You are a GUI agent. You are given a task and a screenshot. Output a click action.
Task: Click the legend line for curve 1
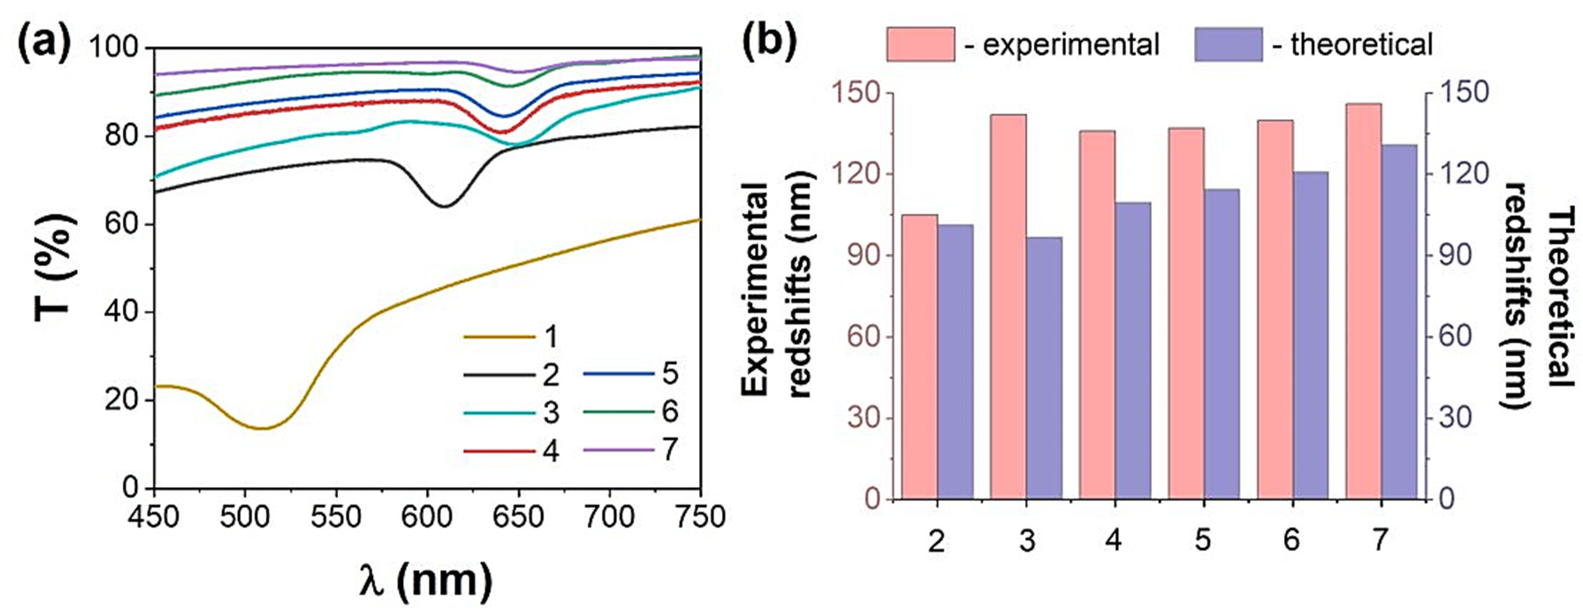[499, 337]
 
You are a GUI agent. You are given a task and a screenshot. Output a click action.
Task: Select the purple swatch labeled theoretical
[1228, 44]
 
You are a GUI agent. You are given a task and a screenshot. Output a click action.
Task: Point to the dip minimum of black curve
[444, 207]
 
